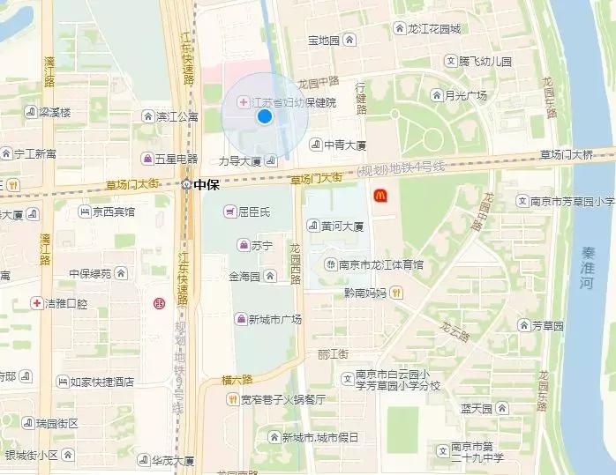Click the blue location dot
264,116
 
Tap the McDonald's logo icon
379,195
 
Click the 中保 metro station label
206,185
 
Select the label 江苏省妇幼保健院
294,103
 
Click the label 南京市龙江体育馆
380,264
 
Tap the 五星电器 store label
176,160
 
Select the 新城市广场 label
274,319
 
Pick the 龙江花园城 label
433,29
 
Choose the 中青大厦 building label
344,145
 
